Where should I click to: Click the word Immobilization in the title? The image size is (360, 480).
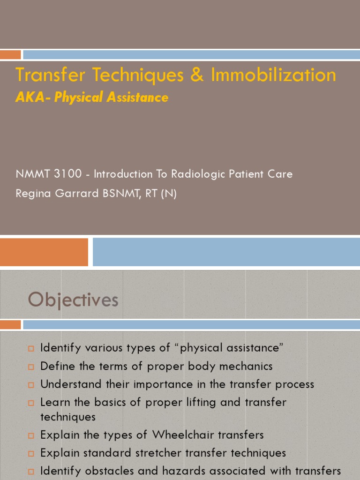pyautogui.click(x=273, y=75)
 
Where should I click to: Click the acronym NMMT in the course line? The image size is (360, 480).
pyautogui.click(x=32, y=174)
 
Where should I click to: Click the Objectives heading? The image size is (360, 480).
pyautogui.click(x=73, y=300)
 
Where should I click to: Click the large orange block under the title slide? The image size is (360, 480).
pyautogui.click(x=44, y=252)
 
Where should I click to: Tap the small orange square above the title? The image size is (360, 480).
pyautogui.click(x=10, y=55)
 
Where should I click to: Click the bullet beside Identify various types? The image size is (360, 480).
pyautogui.click(x=31, y=349)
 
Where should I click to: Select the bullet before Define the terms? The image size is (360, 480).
pyautogui.click(x=31, y=367)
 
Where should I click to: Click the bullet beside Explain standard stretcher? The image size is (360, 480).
pyautogui.click(x=31, y=454)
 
